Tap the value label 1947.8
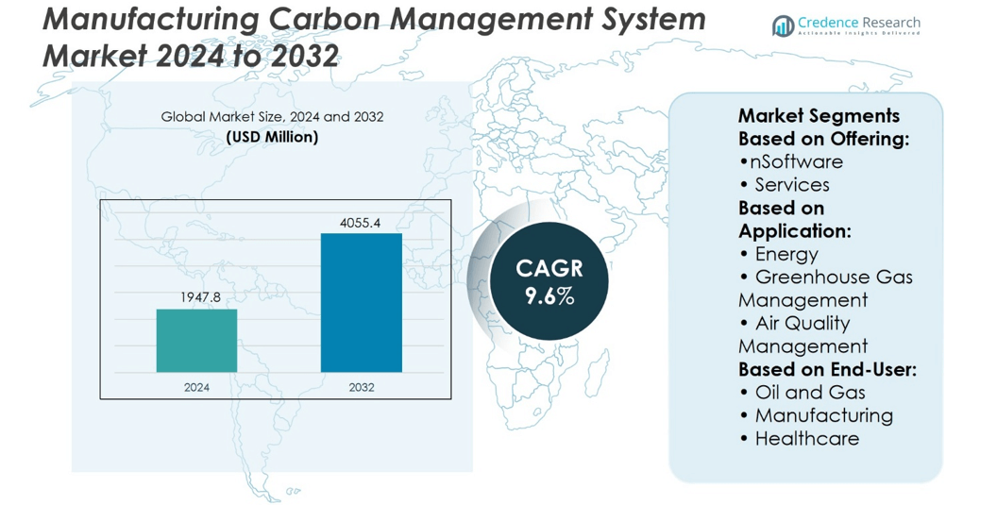200,297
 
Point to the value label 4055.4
360,223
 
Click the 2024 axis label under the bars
196,387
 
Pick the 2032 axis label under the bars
361,387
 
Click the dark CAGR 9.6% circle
549,281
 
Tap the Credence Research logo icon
783,26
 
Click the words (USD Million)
272,137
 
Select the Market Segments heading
819,116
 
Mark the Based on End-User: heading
827,369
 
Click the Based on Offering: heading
823,139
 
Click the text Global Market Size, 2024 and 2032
272,117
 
